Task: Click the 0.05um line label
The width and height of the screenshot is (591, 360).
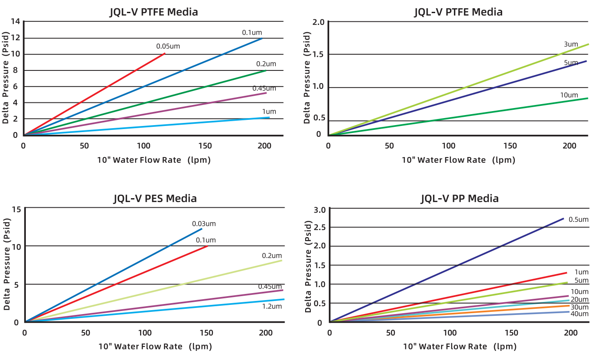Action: [x=168, y=46]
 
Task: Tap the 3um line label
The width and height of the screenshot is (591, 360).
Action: [x=571, y=44]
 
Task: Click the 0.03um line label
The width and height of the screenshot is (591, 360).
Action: [x=204, y=224]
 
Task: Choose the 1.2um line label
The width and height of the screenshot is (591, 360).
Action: [x=272, y=306]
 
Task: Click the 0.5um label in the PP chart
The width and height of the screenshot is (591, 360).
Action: [x=578, y=219]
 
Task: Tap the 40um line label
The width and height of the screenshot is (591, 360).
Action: [x=580, y=314]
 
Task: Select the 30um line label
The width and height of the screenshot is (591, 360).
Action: [x=580, y=307]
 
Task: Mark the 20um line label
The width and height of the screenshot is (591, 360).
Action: [x=580, y=299]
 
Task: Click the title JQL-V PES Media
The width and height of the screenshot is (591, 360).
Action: [x=155, y=199]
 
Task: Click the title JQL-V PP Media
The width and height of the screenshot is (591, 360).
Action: [x=460, y=199]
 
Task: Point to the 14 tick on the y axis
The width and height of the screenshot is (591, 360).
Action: [x=16, y=21]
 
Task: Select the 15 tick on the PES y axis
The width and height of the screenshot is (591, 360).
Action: [x=17, y=209]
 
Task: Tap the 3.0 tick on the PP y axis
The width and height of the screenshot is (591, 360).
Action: [x=320, y=210]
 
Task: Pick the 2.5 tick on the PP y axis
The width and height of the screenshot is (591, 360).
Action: [x=320, y=227]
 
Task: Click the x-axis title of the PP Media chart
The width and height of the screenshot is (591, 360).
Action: [x=460, y=346]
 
